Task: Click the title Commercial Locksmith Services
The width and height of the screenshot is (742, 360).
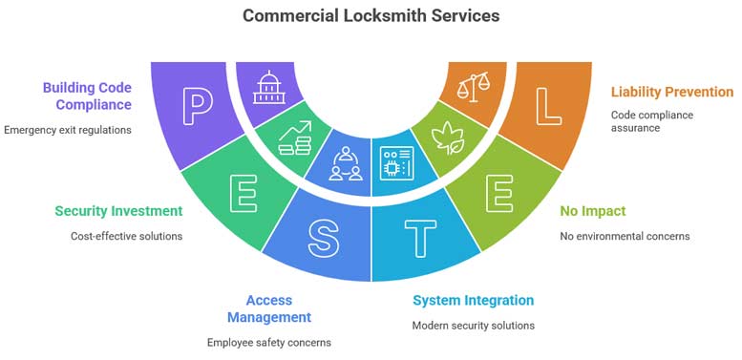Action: pos(371,15)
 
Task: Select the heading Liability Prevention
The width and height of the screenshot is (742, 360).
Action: pos(671,92)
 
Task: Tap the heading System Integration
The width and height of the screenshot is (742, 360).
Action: pos(473,300)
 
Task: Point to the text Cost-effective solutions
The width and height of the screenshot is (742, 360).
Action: pos(126,235)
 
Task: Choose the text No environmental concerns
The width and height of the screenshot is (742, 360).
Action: pos(625,235)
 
